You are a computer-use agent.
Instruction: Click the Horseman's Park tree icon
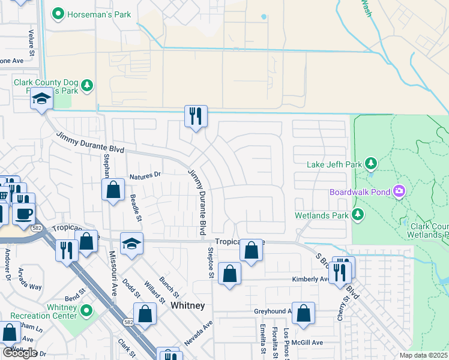coord(58,13)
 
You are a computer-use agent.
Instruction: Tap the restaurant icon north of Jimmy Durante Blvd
coord(195,115)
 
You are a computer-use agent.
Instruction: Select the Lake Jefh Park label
coord(335,164)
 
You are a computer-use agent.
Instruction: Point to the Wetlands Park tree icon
coord(358,214)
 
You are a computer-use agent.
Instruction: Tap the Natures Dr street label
coord(145,176)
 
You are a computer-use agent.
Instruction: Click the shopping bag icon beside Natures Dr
coord(113,190)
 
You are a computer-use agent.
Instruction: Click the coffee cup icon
coord(23,213)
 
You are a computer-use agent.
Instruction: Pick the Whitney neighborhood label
coord(188,305)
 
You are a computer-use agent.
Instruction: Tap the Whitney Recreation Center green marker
coord(86,311)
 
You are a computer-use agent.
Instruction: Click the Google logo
coord(19,352)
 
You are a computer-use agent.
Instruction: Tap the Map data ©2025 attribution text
coord(424,355)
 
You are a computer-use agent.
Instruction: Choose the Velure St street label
coord(31,44)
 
